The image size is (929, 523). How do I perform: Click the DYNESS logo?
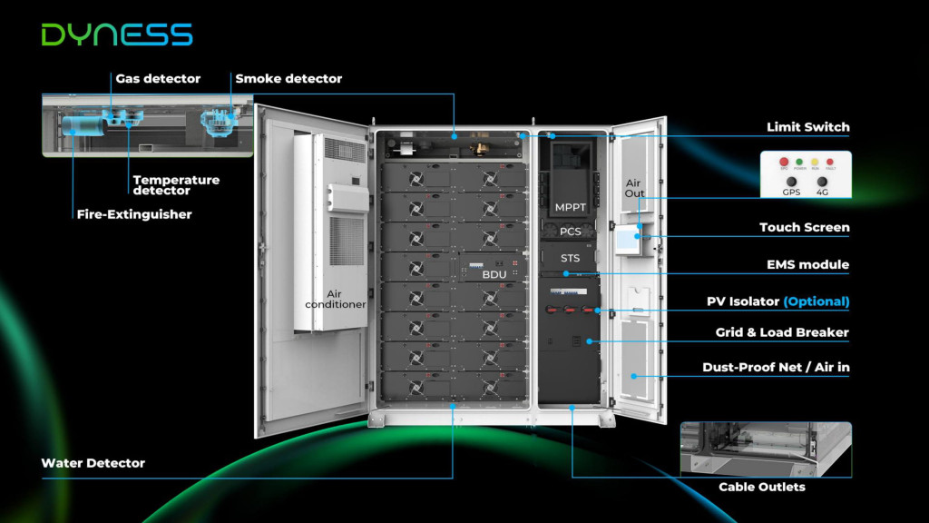click(117, 35)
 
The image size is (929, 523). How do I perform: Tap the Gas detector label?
click(158, 79)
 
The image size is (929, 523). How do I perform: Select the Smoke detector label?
click(288, 79)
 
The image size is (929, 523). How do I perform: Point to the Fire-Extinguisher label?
click(134, 214)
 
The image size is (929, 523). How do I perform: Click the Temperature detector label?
click(176, 185)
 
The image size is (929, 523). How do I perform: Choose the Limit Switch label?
click(807, 127)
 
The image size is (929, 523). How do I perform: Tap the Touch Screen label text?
click(804, 228)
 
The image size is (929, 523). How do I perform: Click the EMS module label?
click(807, 265)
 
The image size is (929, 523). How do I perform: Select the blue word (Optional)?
click(816, 301)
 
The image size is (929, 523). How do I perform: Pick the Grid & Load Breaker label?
click(782, 333)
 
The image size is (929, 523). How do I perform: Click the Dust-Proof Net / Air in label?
click(776, 368)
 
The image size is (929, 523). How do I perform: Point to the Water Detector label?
click(93, 463)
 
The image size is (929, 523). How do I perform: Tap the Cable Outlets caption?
click(762, 488)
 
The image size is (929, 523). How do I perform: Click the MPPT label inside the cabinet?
click(570, 208)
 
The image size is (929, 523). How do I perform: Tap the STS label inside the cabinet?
click(570, 259)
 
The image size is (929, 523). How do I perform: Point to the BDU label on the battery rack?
click(494, 274)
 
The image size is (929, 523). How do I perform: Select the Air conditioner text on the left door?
click(335, 299)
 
